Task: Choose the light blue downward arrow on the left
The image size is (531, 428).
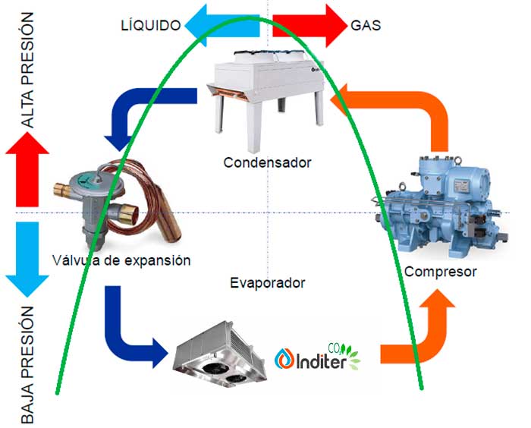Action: click(x=27, y=258)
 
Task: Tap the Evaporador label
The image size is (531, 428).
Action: click(x=267, y=283)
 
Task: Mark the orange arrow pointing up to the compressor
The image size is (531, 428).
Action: click(x=425, y=334)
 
